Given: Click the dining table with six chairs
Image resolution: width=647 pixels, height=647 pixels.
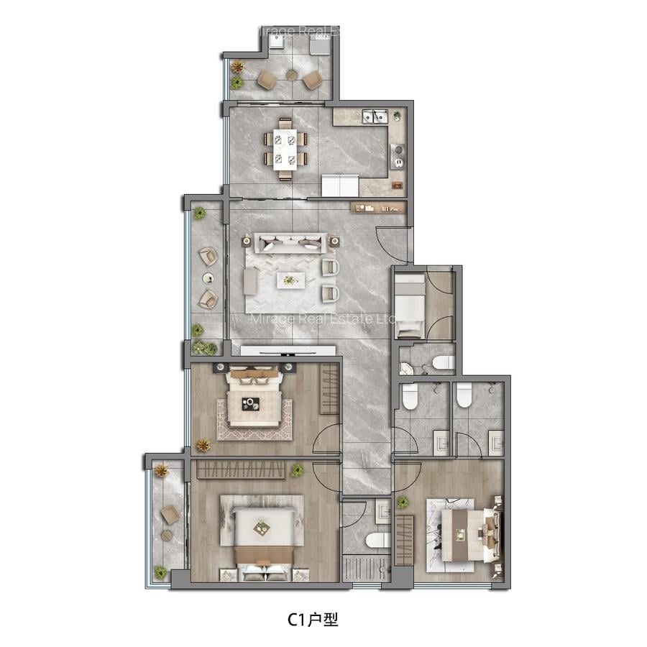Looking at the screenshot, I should point(285,150).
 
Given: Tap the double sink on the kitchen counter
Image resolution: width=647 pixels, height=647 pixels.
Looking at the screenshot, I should point(375,116).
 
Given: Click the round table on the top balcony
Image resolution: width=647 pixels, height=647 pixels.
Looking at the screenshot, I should point(291,75).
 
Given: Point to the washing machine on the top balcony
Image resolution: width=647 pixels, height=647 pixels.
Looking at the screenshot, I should point(320,45).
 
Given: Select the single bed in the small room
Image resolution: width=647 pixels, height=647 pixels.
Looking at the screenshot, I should point(409,306).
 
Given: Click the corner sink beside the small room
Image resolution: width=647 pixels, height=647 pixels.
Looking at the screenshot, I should point(407,369).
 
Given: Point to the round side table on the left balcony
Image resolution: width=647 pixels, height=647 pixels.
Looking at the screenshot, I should point(208,277).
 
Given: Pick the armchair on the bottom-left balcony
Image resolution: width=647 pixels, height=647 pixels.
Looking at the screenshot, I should point(170,515).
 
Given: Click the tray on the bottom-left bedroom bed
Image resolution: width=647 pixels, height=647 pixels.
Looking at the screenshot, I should point(262,528).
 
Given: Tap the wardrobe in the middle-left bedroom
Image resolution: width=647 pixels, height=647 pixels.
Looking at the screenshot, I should point(330,388).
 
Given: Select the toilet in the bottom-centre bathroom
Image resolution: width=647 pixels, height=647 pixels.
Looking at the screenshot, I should point(377,539).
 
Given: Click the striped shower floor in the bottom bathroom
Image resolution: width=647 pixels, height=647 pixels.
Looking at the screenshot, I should point(365,569).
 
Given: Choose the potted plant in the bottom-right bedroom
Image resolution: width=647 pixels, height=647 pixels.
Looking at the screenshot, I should point(403,502).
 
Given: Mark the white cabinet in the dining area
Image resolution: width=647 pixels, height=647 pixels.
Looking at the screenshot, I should point(339,185).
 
